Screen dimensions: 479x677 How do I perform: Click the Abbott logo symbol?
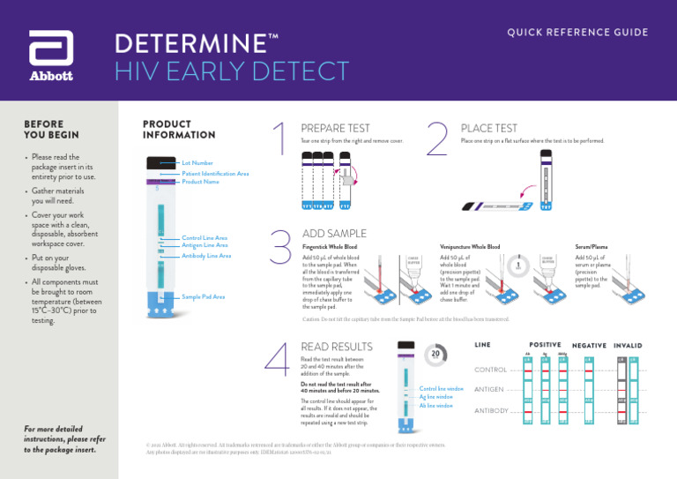[x=51, y=49]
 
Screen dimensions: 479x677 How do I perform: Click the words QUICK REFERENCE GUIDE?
[x=577, y=33]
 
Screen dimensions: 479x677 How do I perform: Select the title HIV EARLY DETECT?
[x=232, y=71]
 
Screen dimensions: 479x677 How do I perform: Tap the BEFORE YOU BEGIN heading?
[x=51, y=130]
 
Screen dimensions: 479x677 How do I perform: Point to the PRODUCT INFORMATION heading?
[x=179, y=130]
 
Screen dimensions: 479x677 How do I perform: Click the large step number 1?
[x=279, y=143]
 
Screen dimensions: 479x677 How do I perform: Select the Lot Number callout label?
[x=197, y=163]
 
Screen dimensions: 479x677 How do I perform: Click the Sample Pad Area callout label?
[x=203, y=297]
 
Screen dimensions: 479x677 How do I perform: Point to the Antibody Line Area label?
[x=206, y=256]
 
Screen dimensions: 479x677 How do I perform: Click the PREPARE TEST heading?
[x=335, y=129]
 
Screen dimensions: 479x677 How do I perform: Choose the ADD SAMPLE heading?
[x=334, y=234]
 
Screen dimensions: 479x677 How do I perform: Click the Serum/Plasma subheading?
[x=591, y=247]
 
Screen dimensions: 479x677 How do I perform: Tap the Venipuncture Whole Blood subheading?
[x=469, y=247]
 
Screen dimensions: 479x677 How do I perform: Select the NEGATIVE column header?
[x=589, y=346]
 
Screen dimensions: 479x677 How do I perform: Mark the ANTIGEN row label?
[x=489, y=389]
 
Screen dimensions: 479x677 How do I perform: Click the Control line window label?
[x=441, y=389]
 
